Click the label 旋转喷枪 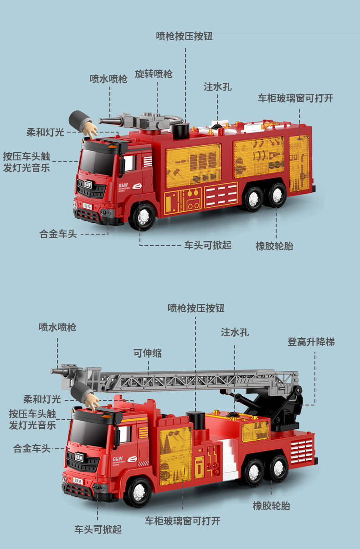[154, 74]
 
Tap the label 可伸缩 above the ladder [147, 353]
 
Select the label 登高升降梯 [311, 342]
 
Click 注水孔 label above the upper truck [217, 87]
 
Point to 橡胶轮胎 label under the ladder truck [271, 506]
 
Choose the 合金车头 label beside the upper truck [58, 234]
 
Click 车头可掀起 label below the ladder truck [98, 529]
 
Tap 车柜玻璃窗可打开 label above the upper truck [295, 98]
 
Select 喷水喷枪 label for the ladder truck [57, 327]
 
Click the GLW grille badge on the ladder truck [79, 457]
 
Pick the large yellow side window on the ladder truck [175, 453]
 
